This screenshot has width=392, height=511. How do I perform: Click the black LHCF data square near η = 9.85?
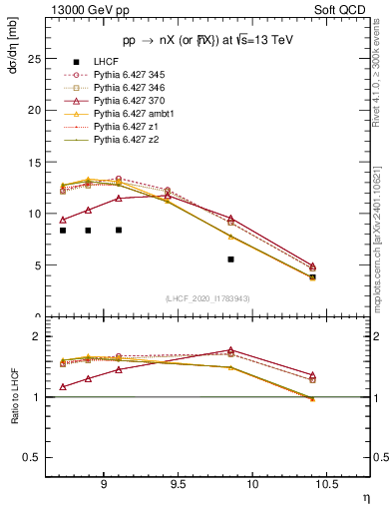[x=230, y=259]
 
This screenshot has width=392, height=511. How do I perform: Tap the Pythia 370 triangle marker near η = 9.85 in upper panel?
[x=230, y=219]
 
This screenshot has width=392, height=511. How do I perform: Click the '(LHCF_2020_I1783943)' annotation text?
[x=206, y=299]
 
